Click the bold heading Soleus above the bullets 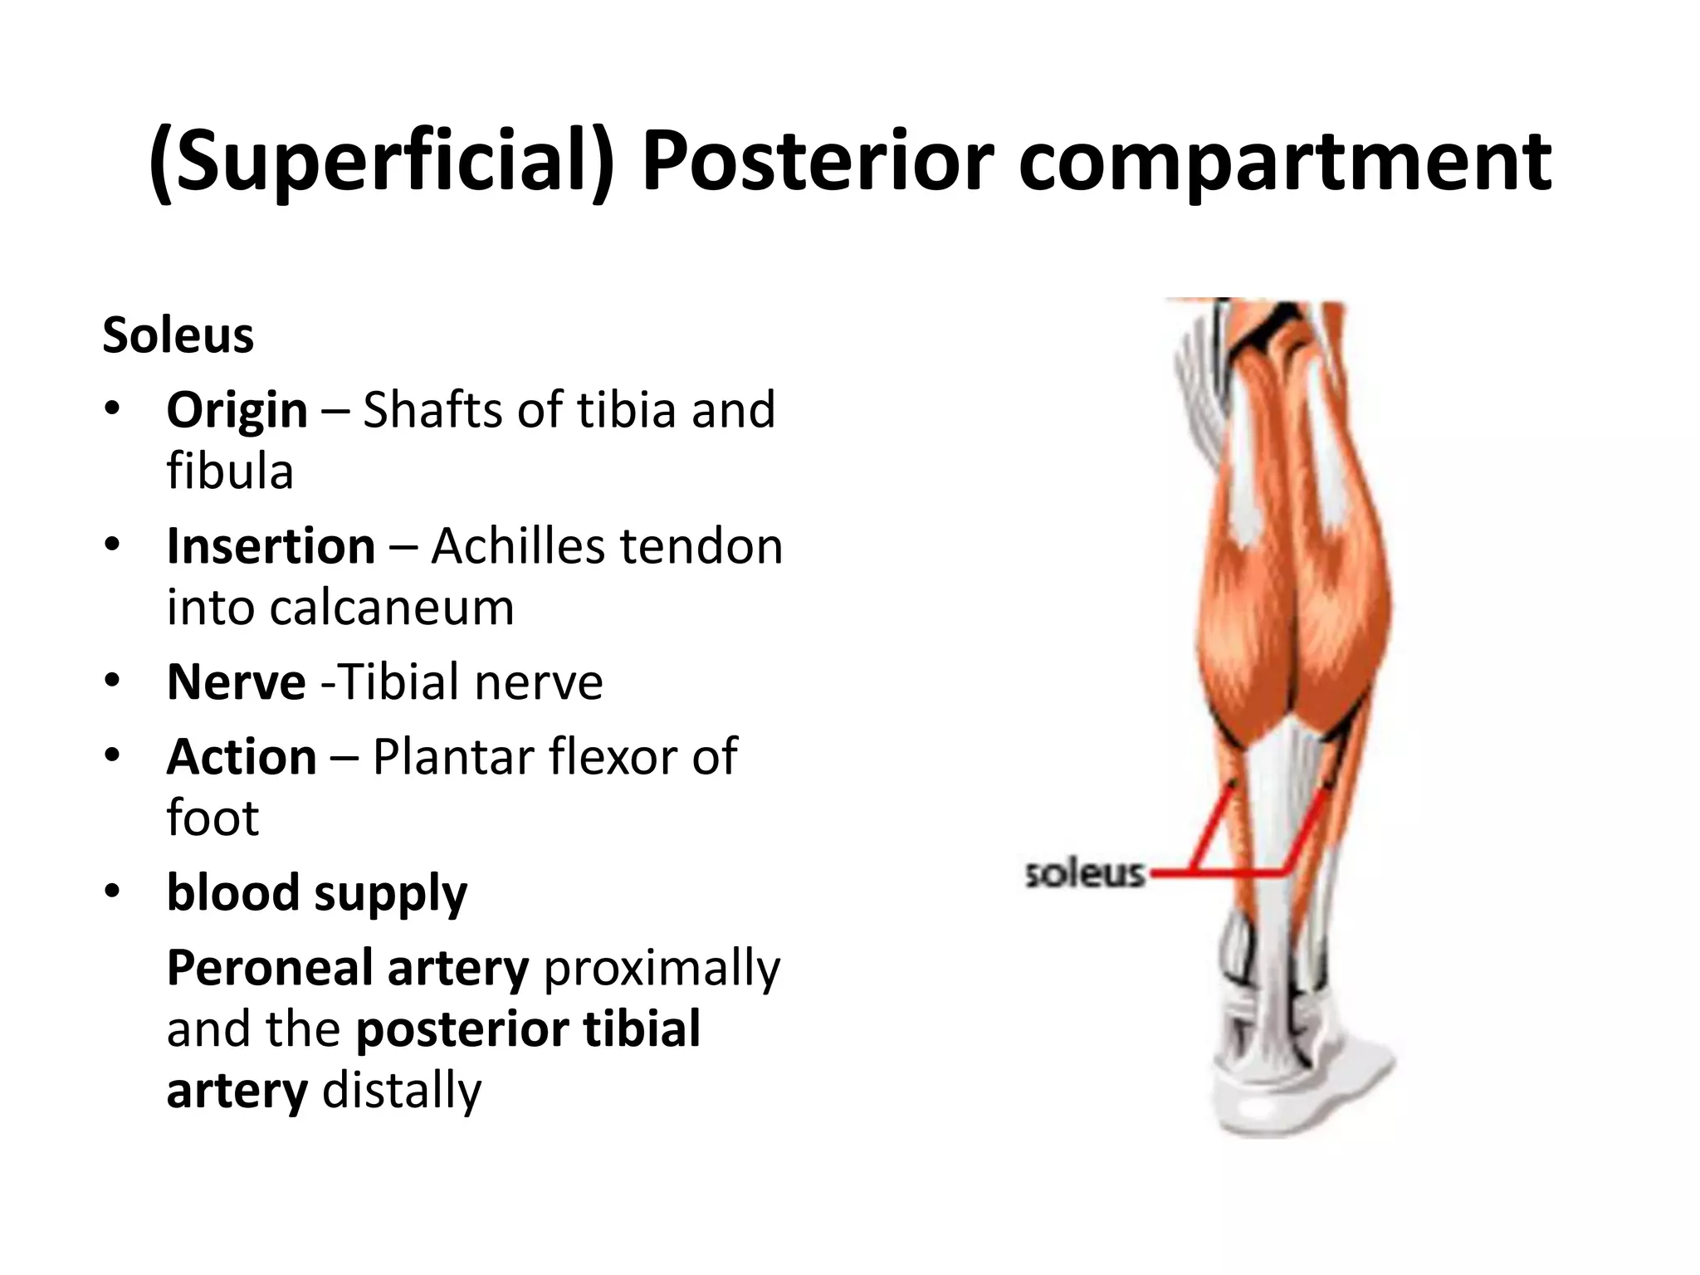[x=178, y=335]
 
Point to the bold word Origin [x=237, y=410]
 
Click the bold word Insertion [x=271, y=546]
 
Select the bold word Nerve [x=236, y=682]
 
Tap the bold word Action [x=242, y=757]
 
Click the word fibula [x=230, y=471]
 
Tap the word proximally [x=662, y=968]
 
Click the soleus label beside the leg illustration [x=1085, y=874]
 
